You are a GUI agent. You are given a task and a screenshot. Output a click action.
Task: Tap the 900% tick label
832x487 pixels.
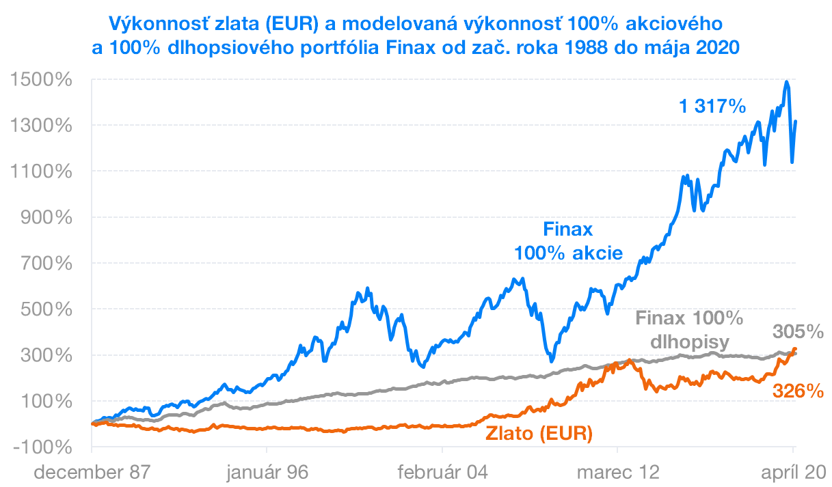48,217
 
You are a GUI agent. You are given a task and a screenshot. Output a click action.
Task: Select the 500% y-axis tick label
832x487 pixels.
48,309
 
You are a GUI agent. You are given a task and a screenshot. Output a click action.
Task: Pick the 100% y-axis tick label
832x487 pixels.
48,401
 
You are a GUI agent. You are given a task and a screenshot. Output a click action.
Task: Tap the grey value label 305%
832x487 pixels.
798,332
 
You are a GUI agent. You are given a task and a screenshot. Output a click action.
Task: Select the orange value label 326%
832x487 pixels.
798,391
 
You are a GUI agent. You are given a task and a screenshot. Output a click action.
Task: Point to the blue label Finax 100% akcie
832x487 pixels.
568,240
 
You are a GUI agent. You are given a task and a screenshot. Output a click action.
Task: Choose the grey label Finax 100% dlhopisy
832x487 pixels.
689,329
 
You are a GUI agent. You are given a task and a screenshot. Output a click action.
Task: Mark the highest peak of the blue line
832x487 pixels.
787,82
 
